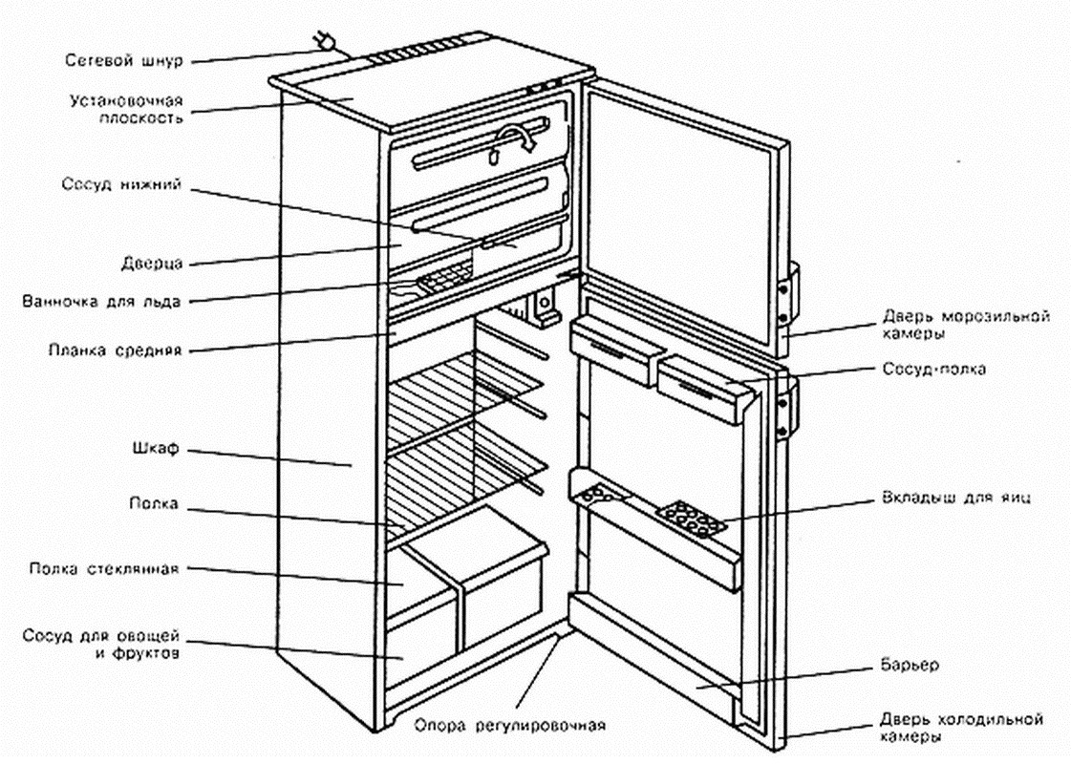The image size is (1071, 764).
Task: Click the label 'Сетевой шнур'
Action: point(123,60)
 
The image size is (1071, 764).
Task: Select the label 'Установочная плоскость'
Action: point(126,108)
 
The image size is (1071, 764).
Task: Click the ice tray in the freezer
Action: point(442,279)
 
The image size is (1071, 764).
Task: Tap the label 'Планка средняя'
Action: point(115,350)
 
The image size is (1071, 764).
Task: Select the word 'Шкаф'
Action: point(156,447)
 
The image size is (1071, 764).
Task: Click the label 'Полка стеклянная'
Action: point(103,569)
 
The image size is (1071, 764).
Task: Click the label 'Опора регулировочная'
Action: point(510,723)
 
